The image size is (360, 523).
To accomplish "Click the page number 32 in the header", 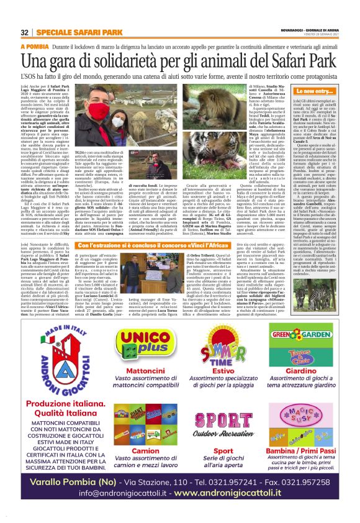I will tap(24, 32).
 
